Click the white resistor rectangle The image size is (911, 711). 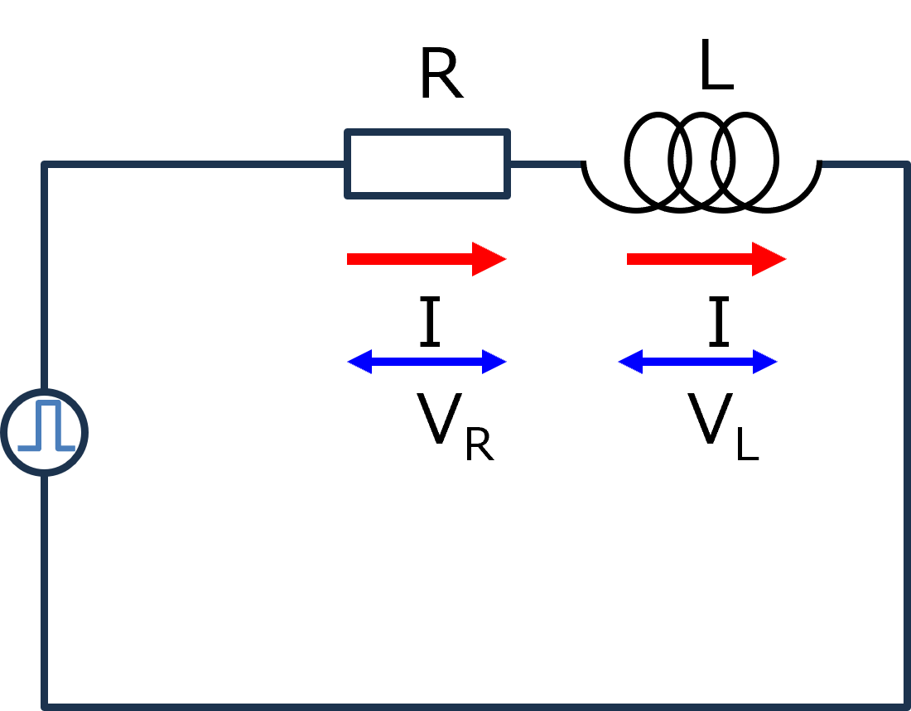pos(427,164)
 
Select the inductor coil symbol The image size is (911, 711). pos(701,163)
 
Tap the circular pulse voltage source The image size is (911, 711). pos(45,432)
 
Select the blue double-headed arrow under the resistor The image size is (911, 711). pos(427,362)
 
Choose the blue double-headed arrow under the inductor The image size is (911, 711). pos(697,362)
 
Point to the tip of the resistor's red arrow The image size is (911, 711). pos(504,259)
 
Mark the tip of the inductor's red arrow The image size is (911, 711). pos(784,259)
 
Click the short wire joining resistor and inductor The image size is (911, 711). pos(545,165)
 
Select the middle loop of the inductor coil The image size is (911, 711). pos(701,161)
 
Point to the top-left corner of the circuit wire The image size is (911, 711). pos(45,165)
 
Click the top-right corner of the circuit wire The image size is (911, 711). pos(906,165)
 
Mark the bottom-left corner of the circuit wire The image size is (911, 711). pos(45,705)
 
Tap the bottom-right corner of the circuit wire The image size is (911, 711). pos(906,705)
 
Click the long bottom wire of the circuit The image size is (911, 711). pos(472,706)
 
